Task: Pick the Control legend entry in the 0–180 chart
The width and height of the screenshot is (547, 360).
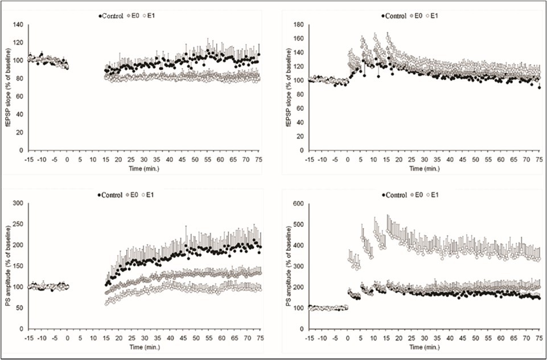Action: click(394, 16)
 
